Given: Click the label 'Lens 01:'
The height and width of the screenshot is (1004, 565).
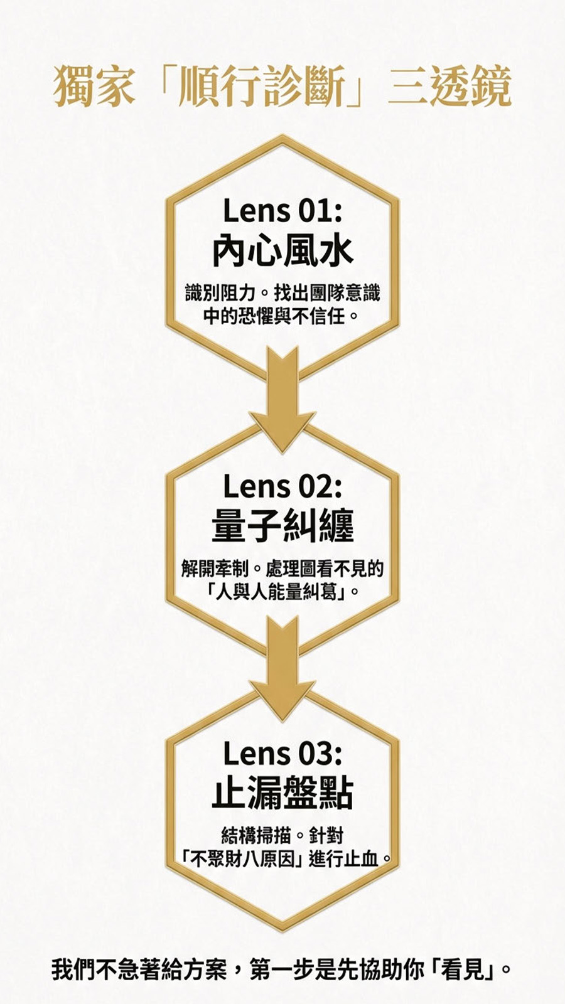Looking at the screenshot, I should tap(282, 210).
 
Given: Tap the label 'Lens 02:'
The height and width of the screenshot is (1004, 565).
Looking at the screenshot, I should tap(282, 486).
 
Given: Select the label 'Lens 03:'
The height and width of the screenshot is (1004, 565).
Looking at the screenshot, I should tap(282, 753).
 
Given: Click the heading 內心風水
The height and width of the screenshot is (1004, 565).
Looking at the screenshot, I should tap(282, 251).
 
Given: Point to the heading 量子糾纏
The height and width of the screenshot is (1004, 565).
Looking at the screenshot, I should tap(282, 526).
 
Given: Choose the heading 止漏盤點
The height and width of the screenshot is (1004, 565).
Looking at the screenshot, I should tap(282, 794).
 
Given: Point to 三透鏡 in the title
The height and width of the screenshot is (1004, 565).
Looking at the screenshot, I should tap(449, 86).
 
